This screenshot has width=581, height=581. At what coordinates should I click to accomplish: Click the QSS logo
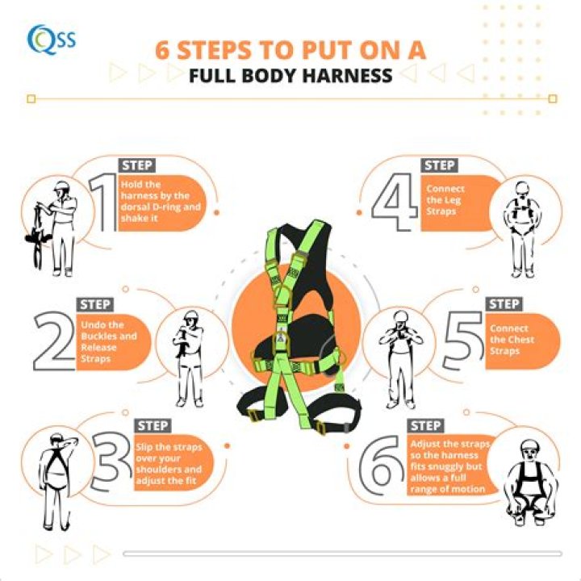click(x=51, y=38)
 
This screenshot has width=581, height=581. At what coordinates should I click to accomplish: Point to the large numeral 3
click(x=108, y=465)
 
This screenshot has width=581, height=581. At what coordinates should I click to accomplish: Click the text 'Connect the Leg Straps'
click(x=445, y=200)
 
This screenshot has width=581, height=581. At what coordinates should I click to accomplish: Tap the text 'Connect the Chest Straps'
click(x=512, y=340)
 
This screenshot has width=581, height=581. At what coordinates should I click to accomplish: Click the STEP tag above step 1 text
click(x=136, y=165)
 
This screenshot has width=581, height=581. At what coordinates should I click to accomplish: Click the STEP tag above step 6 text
click(x=425, y=425)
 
